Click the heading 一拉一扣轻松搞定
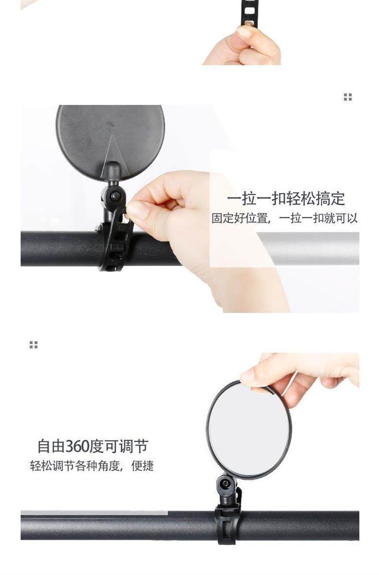tap(286, 199)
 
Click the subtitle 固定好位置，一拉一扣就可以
tap(284, 219)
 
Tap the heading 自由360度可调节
tap(92, 446)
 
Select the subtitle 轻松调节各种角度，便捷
tap(92, 466)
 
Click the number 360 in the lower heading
tap(77, 446)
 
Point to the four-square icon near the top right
tap(347, 97)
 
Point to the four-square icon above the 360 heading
tap(34, 345)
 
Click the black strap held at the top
tap(249, 13)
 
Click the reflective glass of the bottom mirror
tap(249, 429)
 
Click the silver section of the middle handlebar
tap(311, 248)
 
